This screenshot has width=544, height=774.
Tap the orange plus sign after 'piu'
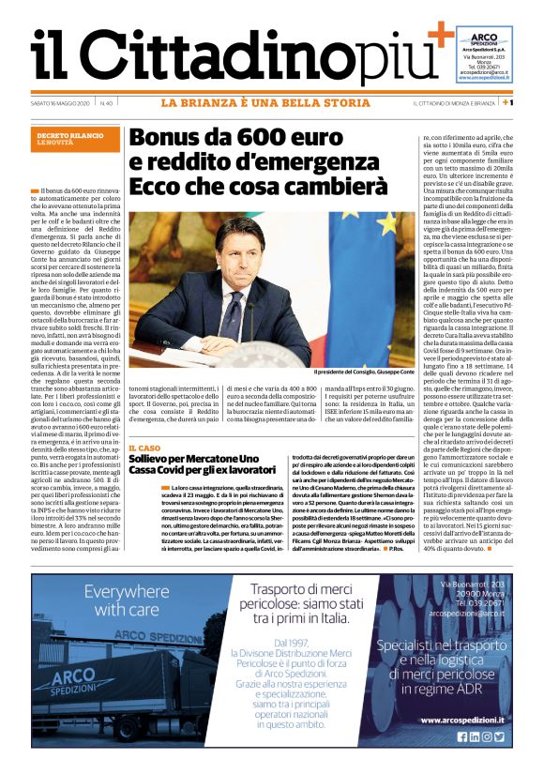pos(438,37)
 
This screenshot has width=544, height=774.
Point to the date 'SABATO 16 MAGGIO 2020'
pos(60,102)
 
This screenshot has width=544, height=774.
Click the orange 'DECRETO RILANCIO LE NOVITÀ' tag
pos(70,138)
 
